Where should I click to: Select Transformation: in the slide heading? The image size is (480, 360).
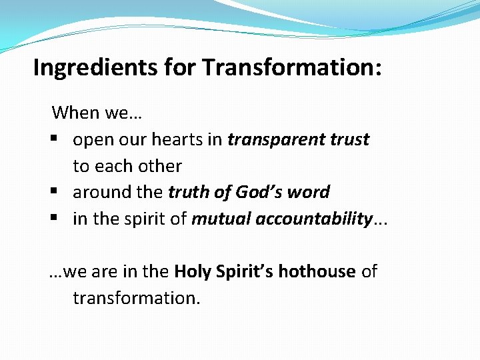(x=292, y=67)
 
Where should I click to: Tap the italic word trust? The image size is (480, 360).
(x=348, y=139)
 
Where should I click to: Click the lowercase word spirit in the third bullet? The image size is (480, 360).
(x=147, y=219)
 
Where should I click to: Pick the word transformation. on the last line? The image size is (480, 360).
(x=136, y=298)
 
